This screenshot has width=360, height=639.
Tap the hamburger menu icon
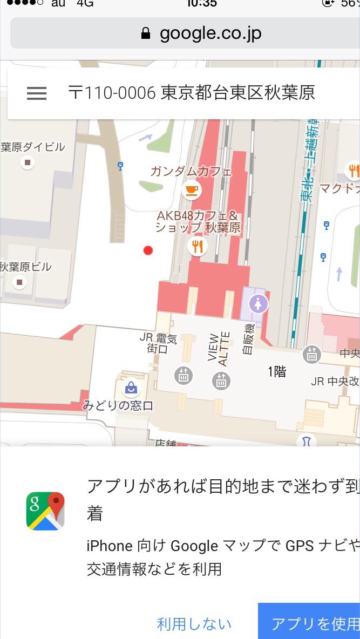[37, 93]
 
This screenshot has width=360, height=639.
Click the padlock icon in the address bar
[145, 33]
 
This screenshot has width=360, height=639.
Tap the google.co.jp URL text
[210, 33]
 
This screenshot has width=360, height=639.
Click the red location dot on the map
[148, 250]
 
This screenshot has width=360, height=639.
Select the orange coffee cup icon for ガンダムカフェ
[192, 189]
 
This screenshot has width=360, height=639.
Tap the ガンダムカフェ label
[191, 172]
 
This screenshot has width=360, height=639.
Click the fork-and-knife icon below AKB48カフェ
[197, 247]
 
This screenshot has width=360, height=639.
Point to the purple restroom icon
[259, 304]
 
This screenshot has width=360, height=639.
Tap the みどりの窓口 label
[118, 406]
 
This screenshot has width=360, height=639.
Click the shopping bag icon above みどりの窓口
[131, 387]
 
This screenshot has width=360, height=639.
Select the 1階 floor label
[277, 371]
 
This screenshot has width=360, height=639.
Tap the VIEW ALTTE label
[219, 349]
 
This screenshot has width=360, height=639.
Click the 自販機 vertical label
[248, 338]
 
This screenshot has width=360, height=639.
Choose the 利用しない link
[194, 624]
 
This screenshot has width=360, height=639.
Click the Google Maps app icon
[45, 511]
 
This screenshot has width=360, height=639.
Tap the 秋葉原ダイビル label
[32, 147]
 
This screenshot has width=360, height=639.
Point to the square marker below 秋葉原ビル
[20, 281]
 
